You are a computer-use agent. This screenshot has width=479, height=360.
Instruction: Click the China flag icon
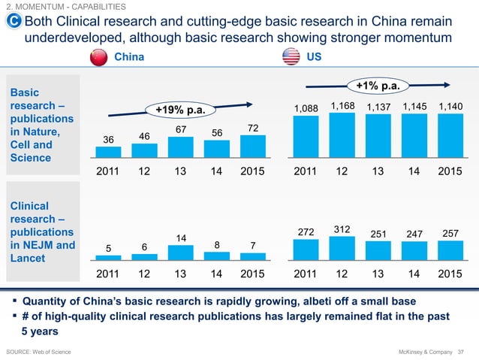tap(98, 58)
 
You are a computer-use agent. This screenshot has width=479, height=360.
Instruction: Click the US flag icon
tap(291, 58)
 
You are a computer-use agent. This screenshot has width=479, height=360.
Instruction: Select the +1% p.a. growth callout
tap(378, 86)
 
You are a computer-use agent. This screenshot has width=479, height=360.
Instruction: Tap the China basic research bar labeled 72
tap(253, 146)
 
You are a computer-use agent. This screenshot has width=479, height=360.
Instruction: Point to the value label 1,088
tap(306, 109)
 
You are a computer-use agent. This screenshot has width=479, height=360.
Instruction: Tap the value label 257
tap(450, 234)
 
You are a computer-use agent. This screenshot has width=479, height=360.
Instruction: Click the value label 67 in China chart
tap(180, 130)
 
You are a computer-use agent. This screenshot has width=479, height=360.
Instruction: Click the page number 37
tap(462, 351)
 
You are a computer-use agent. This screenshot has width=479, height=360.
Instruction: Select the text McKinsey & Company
tap(421, 351)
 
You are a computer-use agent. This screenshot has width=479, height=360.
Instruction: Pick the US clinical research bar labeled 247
tap(414, 251)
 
